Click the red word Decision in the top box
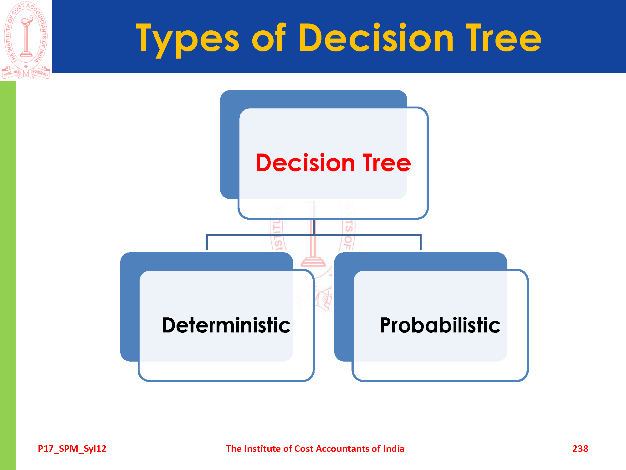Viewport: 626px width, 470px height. [305, 163]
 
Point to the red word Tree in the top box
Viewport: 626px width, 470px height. [387, 163]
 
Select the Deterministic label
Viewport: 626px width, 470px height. [226, 325]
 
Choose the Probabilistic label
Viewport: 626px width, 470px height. [440, 325]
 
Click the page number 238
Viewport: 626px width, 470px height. [580, 449]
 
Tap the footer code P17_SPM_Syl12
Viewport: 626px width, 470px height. [72, 449]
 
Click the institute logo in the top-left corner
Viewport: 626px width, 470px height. [26, 40]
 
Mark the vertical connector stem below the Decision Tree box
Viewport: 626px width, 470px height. [314, 227]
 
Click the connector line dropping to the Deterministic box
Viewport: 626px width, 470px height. [207, 242]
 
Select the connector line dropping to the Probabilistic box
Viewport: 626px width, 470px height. [420, 242]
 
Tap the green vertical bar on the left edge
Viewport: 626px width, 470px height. [8, 275]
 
